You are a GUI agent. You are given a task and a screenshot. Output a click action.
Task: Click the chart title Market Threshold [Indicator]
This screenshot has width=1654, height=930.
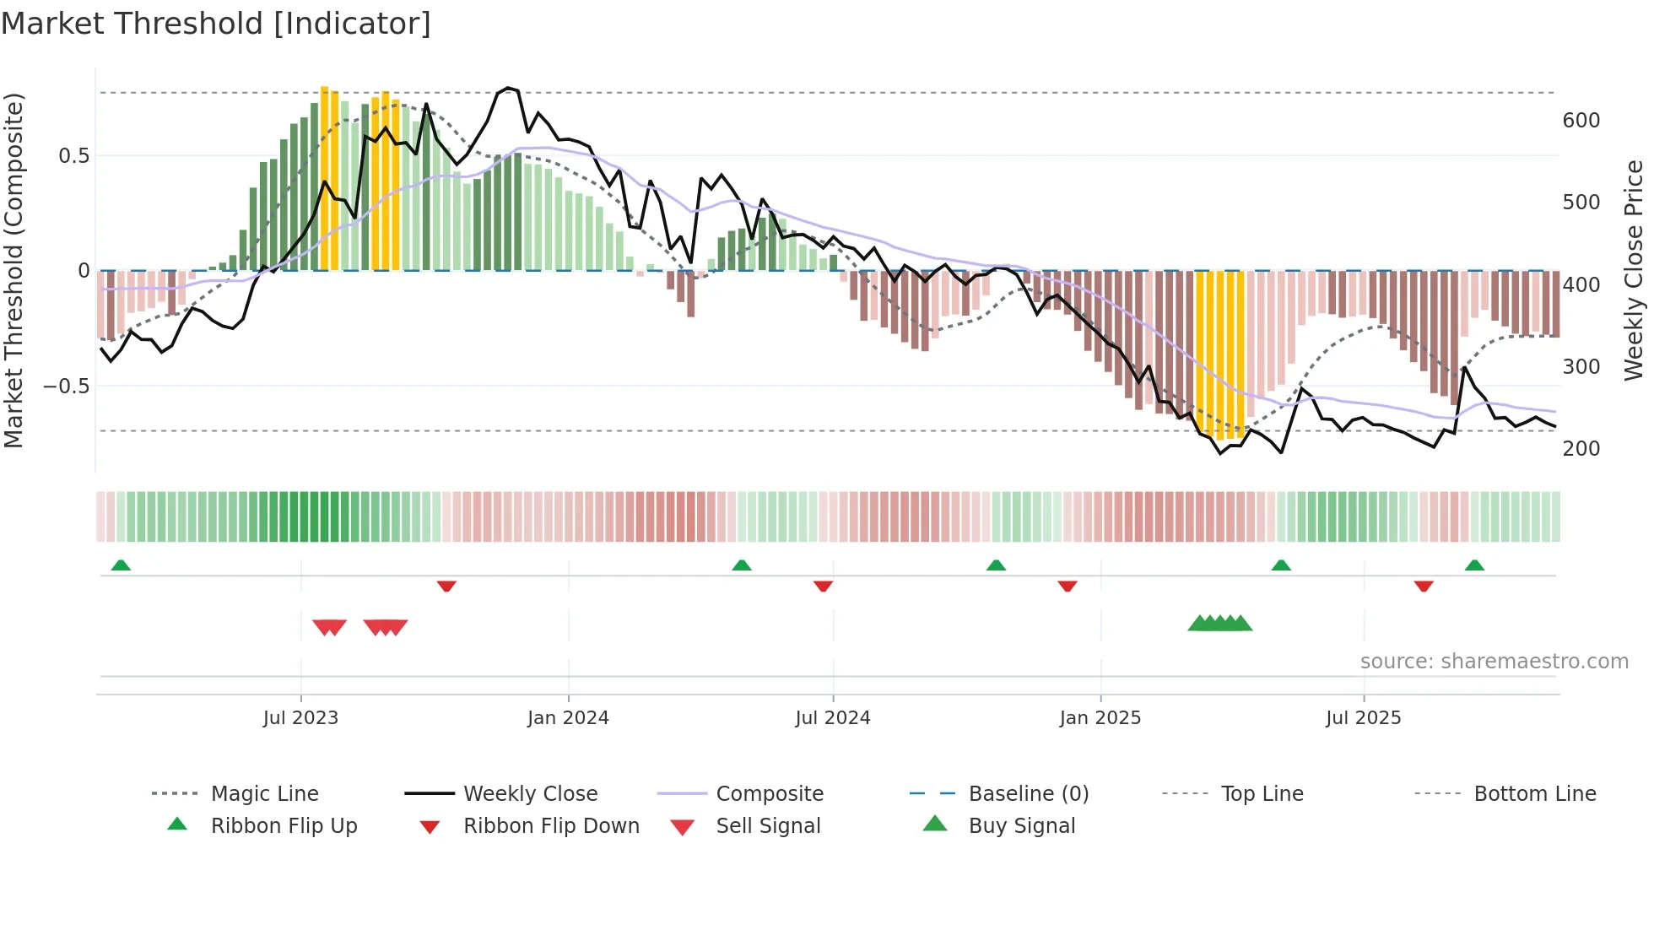216,24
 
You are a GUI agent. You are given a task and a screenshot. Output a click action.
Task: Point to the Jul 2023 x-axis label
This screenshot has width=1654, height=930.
300,718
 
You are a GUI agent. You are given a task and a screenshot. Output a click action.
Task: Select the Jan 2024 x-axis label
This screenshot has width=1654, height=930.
568,718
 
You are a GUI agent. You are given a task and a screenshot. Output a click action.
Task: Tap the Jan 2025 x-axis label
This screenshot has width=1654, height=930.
1100,718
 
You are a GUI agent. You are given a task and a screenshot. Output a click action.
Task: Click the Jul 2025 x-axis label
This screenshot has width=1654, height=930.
1363,718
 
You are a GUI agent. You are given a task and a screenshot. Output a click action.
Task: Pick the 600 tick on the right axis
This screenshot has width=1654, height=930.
1581,121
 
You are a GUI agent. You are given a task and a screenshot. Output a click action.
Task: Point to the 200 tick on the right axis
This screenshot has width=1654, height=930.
1581,449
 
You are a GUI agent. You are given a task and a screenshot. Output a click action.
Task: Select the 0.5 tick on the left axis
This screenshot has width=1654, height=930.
73,156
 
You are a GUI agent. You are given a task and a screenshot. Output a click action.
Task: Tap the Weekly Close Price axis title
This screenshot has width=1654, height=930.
1634,270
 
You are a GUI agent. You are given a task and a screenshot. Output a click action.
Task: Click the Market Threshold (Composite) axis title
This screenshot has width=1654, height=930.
14,270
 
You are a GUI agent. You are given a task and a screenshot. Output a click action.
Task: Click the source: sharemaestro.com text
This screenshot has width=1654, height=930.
1494,662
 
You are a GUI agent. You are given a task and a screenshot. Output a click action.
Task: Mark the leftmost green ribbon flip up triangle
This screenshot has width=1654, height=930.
121,565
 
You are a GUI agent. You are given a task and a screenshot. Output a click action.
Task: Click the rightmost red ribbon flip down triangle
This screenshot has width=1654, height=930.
1424,586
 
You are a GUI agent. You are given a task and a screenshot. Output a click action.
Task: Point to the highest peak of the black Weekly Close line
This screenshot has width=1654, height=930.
507,88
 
